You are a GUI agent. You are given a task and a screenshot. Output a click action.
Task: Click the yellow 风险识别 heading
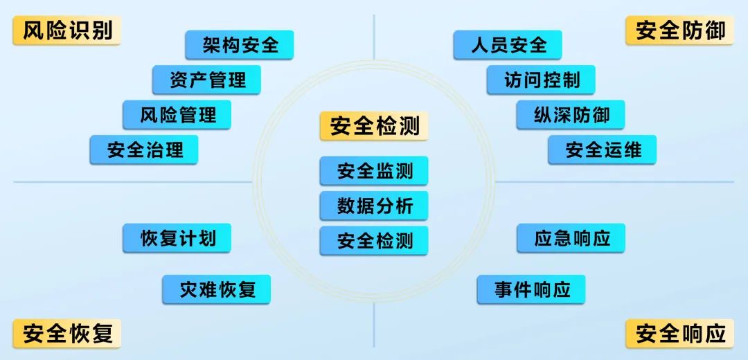click(x=66, y=30)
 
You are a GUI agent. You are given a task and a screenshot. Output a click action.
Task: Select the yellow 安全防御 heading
click(x=680, y=30)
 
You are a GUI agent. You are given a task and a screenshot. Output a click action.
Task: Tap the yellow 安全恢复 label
click(x=66, y=333)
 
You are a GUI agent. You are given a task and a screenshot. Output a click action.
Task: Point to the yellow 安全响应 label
click(x=680, y=333)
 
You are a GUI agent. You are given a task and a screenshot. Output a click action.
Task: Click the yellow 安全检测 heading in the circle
click(x=374, y=127)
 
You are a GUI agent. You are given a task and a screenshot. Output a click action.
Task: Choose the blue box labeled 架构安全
click(x=240, y=45)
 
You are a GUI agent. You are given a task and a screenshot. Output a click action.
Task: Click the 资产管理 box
click(x=206, y=80)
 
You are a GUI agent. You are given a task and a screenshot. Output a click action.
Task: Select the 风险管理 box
click(x=177, y=114)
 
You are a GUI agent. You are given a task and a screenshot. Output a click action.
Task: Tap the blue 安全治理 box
click(x=144, y=150)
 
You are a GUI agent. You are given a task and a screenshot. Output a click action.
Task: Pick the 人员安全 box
click(x=508, y=45)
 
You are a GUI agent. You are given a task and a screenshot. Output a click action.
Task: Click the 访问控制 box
click(x=541, y=80)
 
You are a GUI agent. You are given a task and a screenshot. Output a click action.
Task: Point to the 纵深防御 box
click(x=571, y=114)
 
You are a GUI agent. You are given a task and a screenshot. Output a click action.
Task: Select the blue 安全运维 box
click(x=602, y=150)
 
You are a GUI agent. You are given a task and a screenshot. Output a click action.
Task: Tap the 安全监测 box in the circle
click(x=374, y=171)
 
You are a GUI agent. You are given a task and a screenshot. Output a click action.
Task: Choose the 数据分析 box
click(x=374, y=206)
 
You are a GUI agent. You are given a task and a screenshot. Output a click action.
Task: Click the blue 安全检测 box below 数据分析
click(x=374, y=241)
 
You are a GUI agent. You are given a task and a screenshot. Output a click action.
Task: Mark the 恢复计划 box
click(x=177, y=238)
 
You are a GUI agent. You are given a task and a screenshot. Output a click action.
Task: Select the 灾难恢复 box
click(x=217, y=289)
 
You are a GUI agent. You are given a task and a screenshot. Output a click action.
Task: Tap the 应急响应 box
click(x=571, y=238)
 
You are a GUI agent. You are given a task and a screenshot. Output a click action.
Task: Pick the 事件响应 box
click(x=531, y=289)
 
